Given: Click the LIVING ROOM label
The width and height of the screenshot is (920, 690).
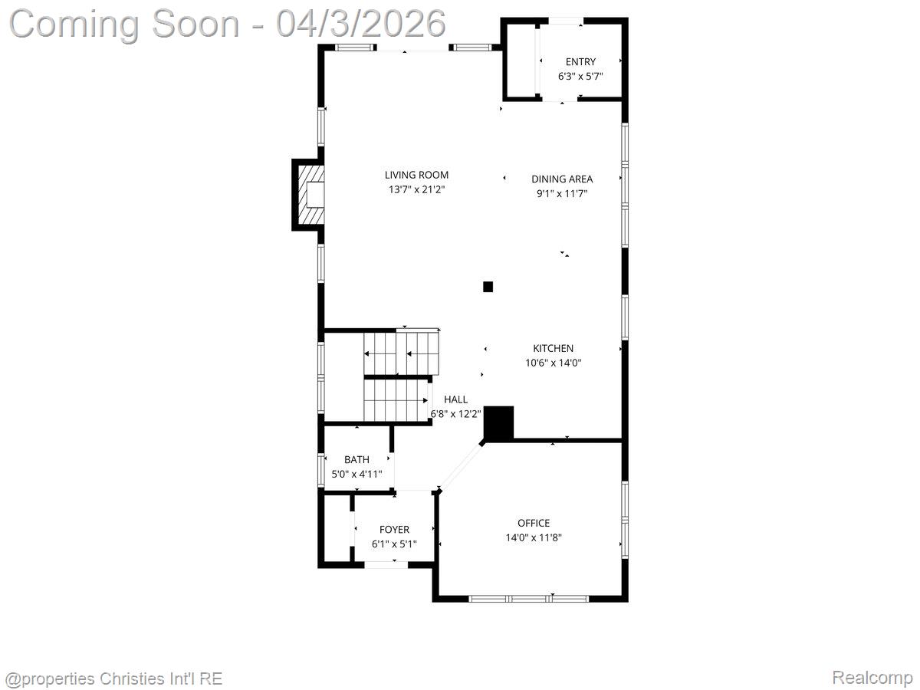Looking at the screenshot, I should (416, 175).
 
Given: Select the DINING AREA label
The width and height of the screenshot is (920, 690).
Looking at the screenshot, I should (562, 179).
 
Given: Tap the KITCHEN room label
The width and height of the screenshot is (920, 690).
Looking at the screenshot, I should (553, 348).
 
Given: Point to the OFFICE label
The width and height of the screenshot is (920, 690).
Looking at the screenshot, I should (533, 523).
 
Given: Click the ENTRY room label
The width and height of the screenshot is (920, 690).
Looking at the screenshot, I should (580, 61).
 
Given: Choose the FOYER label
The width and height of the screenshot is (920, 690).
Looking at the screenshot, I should (394, 529).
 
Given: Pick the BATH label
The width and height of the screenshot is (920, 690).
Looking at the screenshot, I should (356, 459).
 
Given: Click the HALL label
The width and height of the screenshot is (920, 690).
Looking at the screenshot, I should (455, 399).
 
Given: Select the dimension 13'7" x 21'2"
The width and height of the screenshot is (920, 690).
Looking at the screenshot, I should (416, 189).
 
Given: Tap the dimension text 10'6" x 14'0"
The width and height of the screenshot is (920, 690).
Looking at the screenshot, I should (553, 363).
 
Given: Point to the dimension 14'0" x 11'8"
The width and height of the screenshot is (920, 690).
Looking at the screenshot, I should (533, 537).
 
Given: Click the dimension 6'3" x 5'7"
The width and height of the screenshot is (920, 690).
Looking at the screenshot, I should (580, 76).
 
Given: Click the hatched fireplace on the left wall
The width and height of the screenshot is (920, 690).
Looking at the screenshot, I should (309, 195).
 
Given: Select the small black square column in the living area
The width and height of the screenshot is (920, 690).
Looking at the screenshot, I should (488, 287).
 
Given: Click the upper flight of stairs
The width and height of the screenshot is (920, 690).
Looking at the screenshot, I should (401, 352).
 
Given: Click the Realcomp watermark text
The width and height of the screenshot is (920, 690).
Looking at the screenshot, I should (872, 678).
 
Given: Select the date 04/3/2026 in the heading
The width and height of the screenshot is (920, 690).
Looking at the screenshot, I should (361, 23).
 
